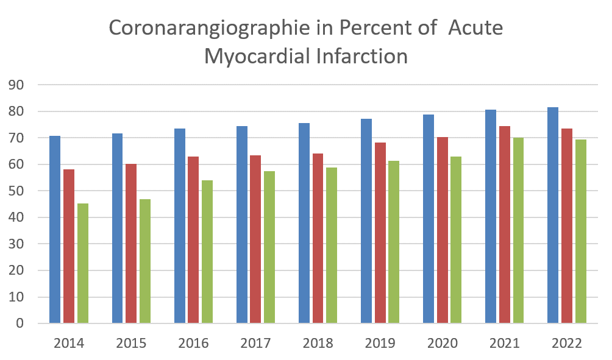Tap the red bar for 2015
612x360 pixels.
point(131,244)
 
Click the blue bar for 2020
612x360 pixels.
point(429,219)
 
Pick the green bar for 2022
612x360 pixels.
point(580,231)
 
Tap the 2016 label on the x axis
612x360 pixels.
point(193,344)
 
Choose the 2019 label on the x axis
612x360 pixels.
point(380,344)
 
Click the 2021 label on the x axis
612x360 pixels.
point(504,344)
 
